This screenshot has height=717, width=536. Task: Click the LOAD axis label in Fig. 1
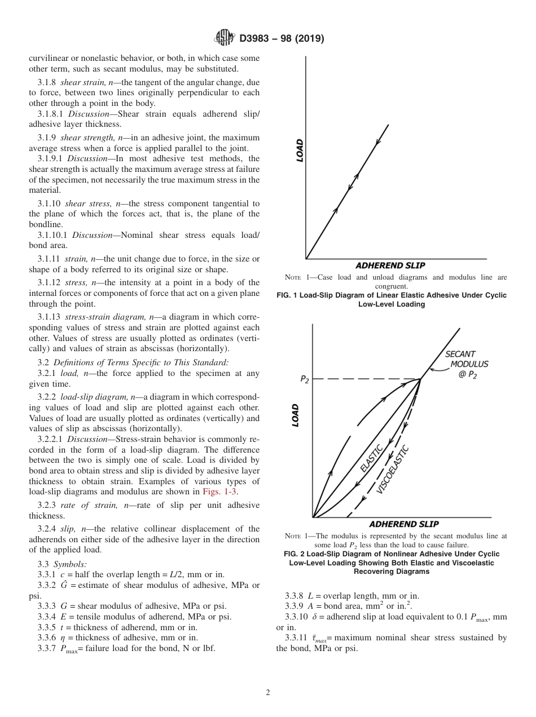[x=300, y=151]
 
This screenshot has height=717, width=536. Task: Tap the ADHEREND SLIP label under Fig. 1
[x=390, y=265]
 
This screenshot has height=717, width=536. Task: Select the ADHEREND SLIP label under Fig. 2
[x=404, y=524]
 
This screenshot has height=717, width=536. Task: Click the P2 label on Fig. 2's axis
[x=304, y=379]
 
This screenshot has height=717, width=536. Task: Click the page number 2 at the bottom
[x=268, y=693]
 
